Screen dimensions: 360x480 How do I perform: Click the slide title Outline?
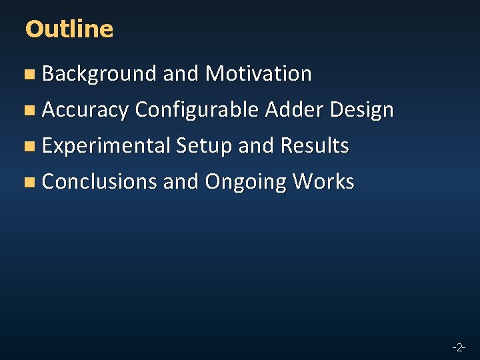click(x=69, y=29)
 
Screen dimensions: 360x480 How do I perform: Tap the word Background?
click(x=99, y=74)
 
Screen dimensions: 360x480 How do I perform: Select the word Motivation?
click(x=258, y=74)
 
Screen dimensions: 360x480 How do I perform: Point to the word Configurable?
click(x=197, y=110)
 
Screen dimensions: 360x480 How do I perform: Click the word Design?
click(x=361, y=110)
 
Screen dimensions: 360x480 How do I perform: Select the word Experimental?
click(x=107, y=146)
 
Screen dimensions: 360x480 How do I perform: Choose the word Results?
click(x=315, y=146)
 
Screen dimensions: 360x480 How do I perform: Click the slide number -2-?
click(x=458, y=347)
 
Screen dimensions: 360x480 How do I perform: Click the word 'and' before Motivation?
click(x=181, y=74)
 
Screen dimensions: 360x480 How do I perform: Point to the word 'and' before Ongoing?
click(x=181, y=182)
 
